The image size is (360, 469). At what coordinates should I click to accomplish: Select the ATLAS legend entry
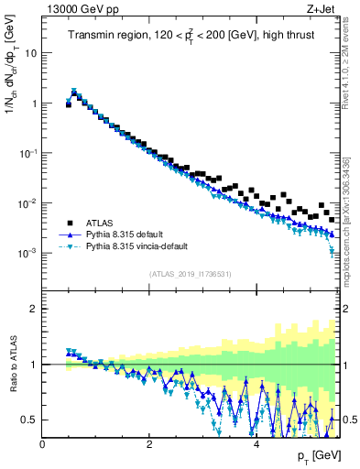click(103, 223)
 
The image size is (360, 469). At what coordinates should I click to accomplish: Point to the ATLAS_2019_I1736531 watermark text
click(190, 274)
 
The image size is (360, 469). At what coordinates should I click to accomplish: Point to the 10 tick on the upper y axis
click(31, 53)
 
